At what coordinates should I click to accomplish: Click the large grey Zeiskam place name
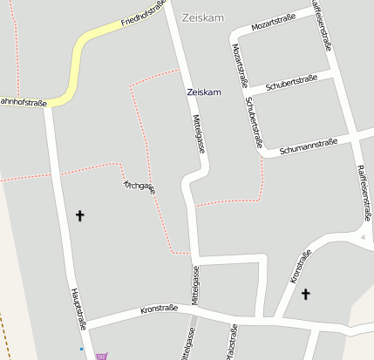[202, 17]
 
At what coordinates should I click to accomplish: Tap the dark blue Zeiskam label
[204, 92]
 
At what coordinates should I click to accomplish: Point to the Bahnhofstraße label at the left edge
[23, 103]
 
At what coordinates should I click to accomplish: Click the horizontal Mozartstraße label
[275, 26]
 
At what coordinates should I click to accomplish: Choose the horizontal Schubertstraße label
[291, 83]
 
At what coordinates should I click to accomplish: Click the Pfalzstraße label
[231, 342]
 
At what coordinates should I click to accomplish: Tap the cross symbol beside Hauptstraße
[80, 214]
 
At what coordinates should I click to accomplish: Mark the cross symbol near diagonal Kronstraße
[305, 295]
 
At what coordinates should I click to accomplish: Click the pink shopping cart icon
[103, 355]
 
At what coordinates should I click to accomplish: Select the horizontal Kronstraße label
[159, 309]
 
